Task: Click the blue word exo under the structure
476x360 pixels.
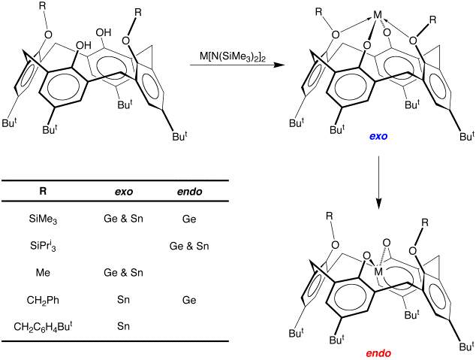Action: pyautogui.click(x=380, y=138)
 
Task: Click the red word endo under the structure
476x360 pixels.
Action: pyautogui.click(x=380, y=352)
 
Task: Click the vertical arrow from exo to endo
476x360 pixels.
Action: pyautogui.click(x=379, y=180)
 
